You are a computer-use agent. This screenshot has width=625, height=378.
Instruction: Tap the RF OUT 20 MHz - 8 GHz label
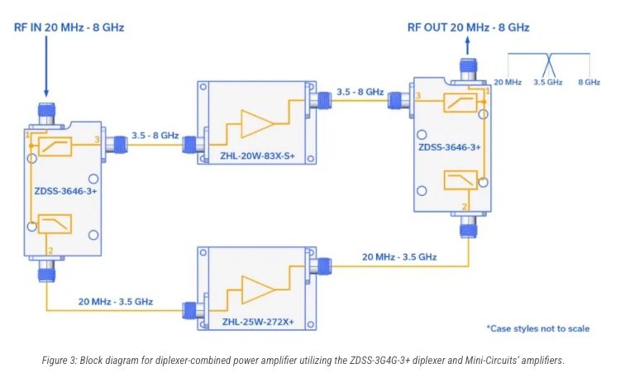(x=468, y=27)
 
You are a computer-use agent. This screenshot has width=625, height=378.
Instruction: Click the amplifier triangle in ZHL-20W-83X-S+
(x=257, y=122)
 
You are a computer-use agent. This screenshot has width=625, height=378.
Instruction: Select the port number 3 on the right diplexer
(x=418, y=96)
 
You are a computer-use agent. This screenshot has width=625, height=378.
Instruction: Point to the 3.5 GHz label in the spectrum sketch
(x=548, y=83)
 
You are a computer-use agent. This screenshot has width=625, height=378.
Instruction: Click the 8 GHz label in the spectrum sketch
(x=589, y=83)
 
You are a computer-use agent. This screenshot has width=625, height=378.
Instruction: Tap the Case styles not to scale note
(x=537, y=328)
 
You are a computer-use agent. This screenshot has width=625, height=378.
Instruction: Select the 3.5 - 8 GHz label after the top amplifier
(x=360, y=92)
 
